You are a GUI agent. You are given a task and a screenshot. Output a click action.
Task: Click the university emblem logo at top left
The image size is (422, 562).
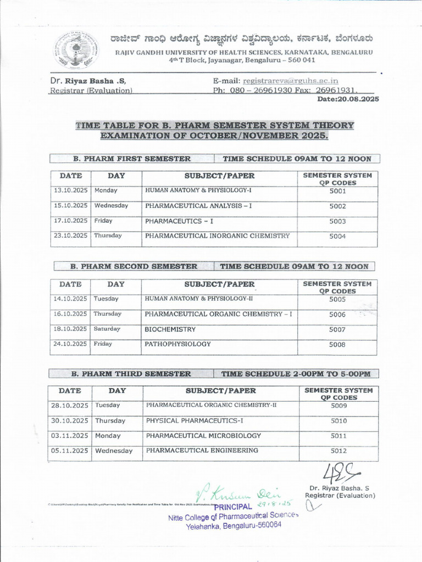[76, 49]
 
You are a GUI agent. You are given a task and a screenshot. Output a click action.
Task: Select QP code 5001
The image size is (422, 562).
[337, 192]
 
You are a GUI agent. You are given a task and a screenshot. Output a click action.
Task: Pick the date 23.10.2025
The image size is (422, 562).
[70, 235]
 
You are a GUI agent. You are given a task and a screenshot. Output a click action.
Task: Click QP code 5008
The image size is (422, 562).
[337, 345]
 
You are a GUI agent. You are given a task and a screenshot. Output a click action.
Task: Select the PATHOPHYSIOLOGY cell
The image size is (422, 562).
[177, 344]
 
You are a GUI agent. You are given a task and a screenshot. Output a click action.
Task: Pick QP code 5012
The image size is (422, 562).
[338, 451]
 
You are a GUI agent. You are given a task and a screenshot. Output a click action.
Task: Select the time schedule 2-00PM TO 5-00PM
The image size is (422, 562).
[296, 374]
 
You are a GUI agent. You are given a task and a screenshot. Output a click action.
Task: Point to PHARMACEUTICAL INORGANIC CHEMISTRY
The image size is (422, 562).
[217, 236]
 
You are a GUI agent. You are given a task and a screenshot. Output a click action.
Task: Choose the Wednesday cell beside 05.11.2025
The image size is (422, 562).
[114, 451]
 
